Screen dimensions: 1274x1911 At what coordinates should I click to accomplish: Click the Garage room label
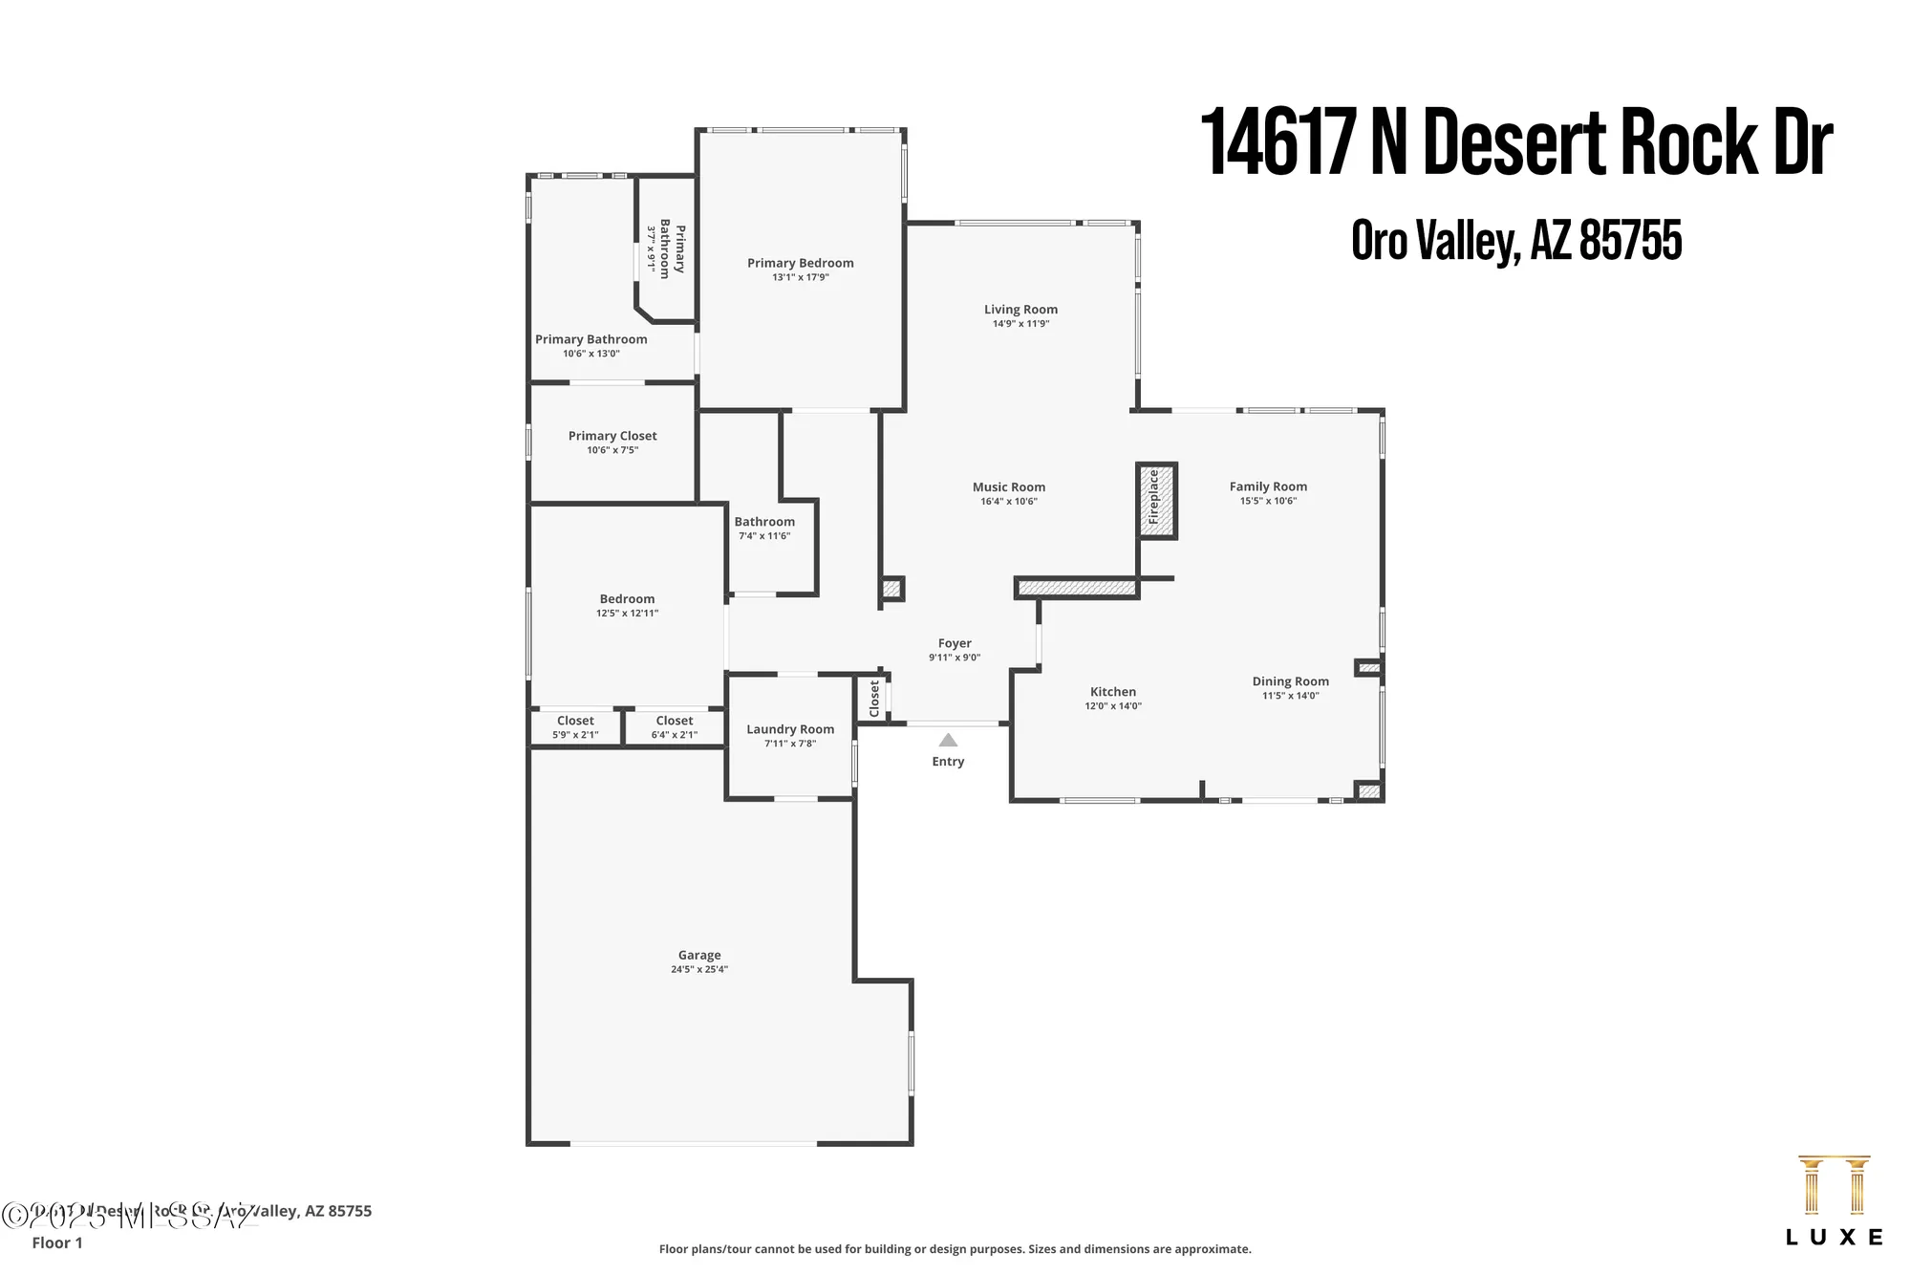tap(699, 955)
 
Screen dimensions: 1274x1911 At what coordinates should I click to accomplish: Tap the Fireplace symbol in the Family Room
tap(1155, 501)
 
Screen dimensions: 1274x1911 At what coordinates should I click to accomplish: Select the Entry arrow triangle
tap(948, 740)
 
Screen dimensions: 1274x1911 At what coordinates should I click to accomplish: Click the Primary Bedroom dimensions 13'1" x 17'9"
tap(801, 277)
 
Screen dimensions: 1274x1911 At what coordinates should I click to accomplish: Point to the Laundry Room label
tap(790, 729)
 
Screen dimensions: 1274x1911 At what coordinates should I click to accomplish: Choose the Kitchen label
tap(1113, 692)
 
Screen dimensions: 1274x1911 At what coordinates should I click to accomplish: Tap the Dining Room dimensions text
tap(1291, 696)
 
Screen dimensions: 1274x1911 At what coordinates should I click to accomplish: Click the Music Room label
tap(1009, 487)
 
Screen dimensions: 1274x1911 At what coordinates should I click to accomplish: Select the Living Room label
tap(1020, 310)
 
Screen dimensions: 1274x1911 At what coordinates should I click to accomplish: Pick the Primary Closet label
tap(612, 436)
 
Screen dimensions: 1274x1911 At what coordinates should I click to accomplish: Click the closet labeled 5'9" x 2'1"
tap(575, 727)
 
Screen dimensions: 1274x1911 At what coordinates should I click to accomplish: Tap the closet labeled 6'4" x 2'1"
tap(675, 727)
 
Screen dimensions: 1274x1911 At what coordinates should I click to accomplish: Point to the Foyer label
tap(955, 643)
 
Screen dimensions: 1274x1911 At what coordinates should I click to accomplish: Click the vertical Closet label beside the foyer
tap(874, 699)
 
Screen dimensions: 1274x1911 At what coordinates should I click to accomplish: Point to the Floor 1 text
tap(57, 1242)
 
